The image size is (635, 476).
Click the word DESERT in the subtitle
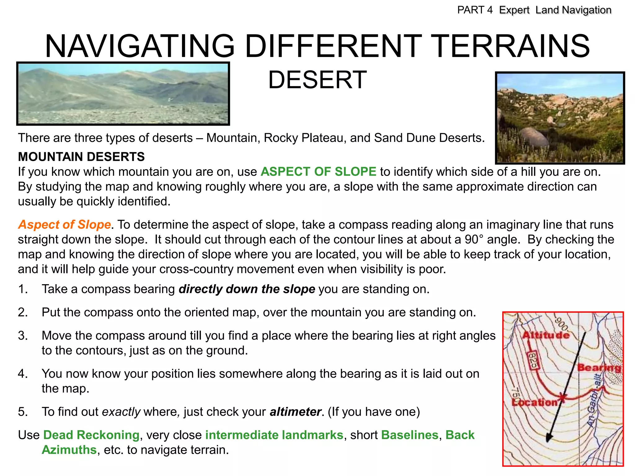point(317,80)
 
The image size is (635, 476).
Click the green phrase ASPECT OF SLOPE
point(318,172)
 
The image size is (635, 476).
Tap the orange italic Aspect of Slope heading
point(64,224)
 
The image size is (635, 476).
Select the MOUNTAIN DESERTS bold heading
point(81,157)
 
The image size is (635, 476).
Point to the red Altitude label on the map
point(546,335)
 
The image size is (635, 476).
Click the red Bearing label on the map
point(599,368)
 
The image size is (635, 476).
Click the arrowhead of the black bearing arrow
point(548,439)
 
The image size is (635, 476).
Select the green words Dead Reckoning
point(91,435)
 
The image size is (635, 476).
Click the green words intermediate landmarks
point(274,435)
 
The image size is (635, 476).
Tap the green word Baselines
point(410,435)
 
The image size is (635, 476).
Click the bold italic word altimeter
point(295,412)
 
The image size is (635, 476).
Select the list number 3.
point(23,336)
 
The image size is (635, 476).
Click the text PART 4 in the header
point(475,10)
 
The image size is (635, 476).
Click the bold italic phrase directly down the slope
point(247,289)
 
